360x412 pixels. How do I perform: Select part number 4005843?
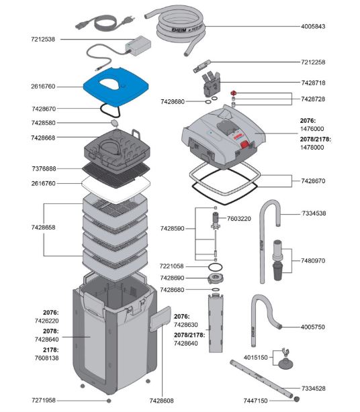coord(313,26)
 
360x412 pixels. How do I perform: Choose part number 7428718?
coord(313,83)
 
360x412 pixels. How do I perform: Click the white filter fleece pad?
coord(116,188)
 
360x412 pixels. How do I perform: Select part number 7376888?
coord(44,168)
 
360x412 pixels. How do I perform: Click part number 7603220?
coord(239,219)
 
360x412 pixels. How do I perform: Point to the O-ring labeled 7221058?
coord(215,267)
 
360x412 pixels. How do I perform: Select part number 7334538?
coord(314,213)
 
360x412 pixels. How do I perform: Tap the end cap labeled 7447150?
coord(297,399)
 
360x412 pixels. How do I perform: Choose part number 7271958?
coord(44,400)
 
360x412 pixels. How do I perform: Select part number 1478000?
coord(312,148)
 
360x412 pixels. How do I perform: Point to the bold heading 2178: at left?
coord(51,350)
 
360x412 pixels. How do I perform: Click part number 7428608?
coord(161,401)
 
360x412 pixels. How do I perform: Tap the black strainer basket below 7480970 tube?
coord(278,271)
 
